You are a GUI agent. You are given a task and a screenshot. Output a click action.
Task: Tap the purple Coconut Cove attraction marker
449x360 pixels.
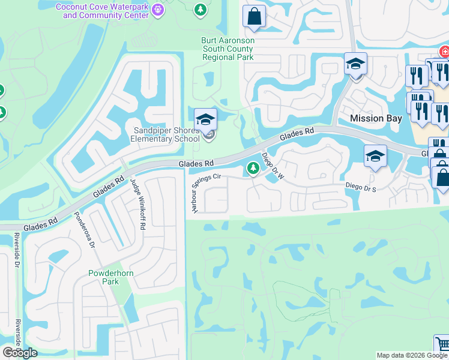tap(158, 10)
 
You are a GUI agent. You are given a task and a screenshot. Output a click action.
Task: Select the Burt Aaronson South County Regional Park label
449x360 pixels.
tap(228, 49)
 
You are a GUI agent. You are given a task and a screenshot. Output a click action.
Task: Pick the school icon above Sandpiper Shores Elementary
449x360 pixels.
tap(205, 118)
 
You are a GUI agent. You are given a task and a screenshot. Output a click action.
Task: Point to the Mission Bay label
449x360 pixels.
tap(376, 118)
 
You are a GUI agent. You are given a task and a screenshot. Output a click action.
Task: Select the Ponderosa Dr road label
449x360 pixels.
tap(85, 230)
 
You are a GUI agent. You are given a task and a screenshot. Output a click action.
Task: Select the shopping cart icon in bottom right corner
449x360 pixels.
tap(442, 345)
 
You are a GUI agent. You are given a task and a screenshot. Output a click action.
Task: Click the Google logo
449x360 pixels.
tap(20, 353)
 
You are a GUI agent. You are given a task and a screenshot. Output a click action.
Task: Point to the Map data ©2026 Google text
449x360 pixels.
tap(411, 355)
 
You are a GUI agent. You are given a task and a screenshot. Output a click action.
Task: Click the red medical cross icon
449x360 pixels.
tap(445, 52)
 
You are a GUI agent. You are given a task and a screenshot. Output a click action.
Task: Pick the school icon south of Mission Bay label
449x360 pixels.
tap(375, 157)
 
